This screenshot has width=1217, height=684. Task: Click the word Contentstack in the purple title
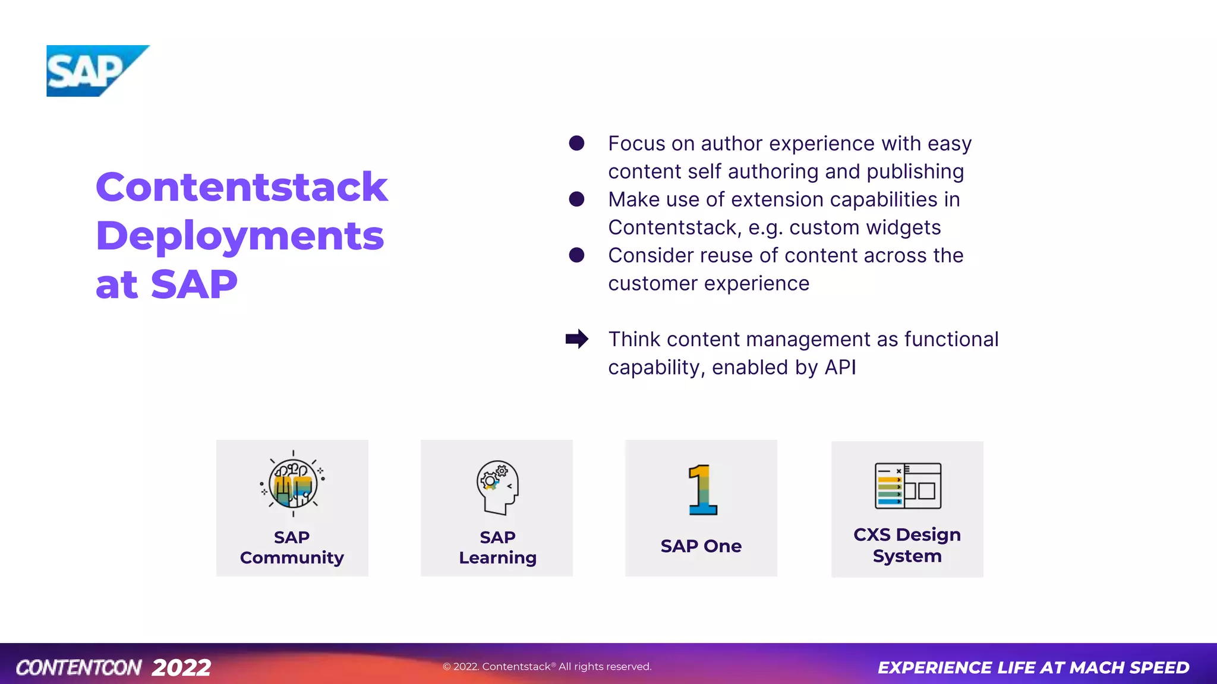click(241, 187)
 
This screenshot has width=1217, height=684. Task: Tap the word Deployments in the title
click(239, 236)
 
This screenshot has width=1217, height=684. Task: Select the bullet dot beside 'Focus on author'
click(576, 143)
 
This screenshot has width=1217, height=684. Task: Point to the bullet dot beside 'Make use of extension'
click(576, 199)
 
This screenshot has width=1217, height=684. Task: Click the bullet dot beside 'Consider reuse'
click(576, 255)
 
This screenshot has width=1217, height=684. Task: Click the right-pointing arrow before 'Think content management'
click(576, 339)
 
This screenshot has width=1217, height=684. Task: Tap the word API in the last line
click(840, 368)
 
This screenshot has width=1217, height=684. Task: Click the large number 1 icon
click(702, 489)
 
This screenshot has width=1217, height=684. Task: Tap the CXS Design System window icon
click(908, 486)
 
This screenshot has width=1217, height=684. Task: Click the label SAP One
click(701, 546)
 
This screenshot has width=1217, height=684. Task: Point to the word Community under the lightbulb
click(292, 558)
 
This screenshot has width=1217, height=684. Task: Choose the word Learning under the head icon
click(498, 558)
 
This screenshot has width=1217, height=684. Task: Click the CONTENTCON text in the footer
click(78, 667)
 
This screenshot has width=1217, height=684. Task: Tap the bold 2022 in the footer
click(181, 667)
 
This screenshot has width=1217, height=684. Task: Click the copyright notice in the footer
click(547, 666)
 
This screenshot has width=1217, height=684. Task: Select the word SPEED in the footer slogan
click(1159, 667)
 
